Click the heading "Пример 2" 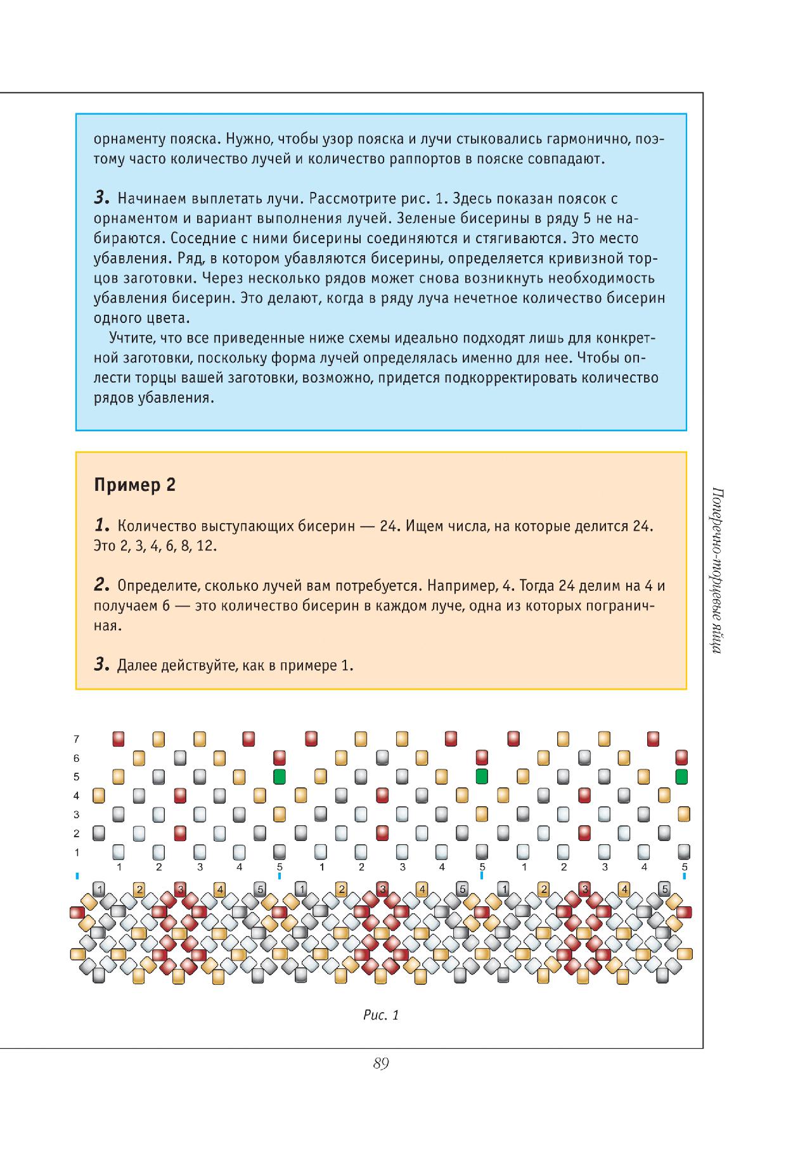pyautogui.click(x=134, y=486)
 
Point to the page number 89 pyautogui.click(x=381, y=1063)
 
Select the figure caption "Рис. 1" pyautogui.click(x=381, y=1015)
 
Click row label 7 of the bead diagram pyautogui.click(x=77, y=739)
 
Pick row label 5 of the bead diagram pyautogui.click(x=77, y=776)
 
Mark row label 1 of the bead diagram pyautogui.click(x=77, y=852)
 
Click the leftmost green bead pyautogui.click(x=280, y=776)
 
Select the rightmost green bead pyautogui.click(x=682, y=776)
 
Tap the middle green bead pyautogui.click(x=482, y=776)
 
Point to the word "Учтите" pyautogui.click(x=132, y=338)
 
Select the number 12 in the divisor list pyautogui.click(x=206, y=546)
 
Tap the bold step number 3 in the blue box pyautogui.click(x=101, y=198)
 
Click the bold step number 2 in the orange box pyautogui.click(x=101, y=585)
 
